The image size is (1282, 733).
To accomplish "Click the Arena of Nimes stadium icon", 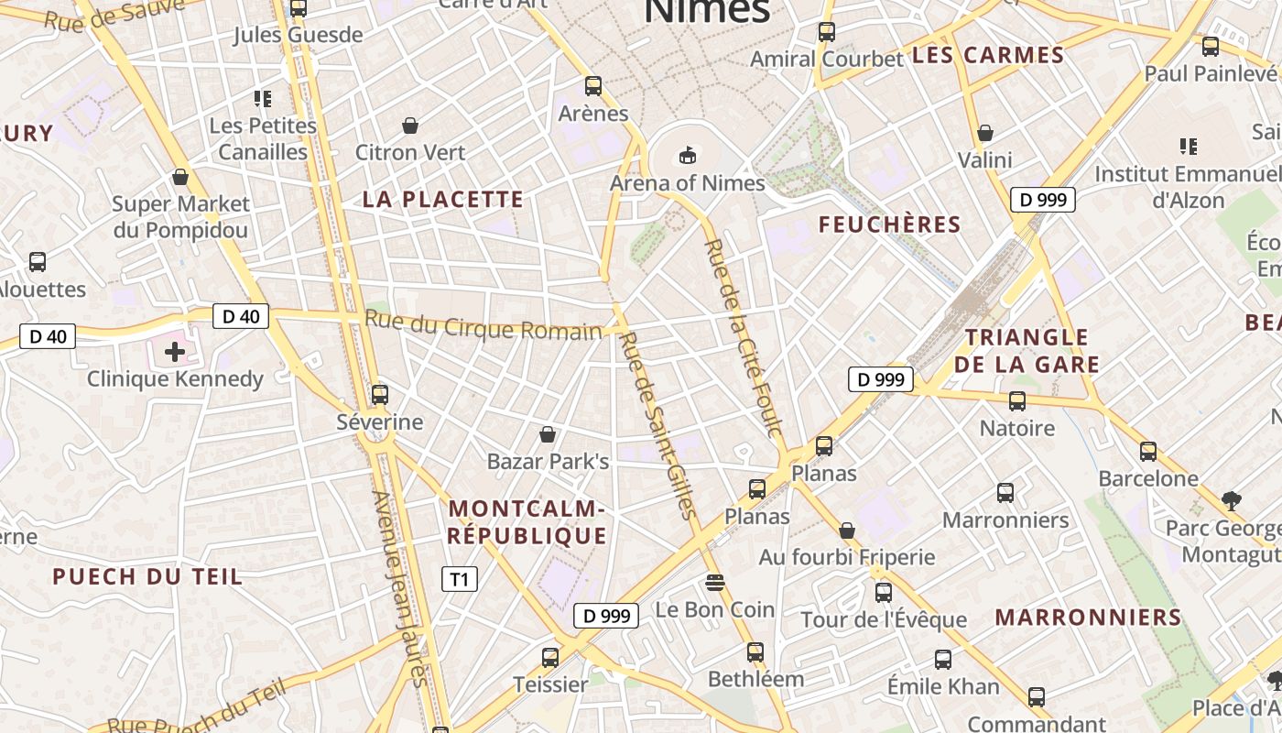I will [688, 156].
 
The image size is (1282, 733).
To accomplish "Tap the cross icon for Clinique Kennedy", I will [174, 351].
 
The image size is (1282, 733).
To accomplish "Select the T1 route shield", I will [460, 579].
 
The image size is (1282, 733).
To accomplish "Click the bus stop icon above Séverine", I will [379, 395].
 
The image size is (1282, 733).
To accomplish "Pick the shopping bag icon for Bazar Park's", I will [548, 434].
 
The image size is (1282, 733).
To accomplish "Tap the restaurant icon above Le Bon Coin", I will [715, 582].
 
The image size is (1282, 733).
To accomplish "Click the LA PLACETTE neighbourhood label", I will [443, 199].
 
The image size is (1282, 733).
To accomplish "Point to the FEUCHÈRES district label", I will [889, 224].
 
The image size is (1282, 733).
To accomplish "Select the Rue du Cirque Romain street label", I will [483, 326].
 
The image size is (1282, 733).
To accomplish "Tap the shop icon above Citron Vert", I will [410, 125].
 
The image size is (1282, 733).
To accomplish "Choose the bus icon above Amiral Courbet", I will [826, 32].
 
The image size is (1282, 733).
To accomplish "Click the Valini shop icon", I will [985, 133].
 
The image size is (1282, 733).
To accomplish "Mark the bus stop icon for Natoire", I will [1016, 401].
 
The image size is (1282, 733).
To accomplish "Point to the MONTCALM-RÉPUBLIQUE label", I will [527, 522].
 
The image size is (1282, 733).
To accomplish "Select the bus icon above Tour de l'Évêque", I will [883, 593].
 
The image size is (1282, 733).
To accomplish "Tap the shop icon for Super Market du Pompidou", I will [180, 177].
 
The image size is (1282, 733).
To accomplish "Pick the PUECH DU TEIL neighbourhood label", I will [147, 576].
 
